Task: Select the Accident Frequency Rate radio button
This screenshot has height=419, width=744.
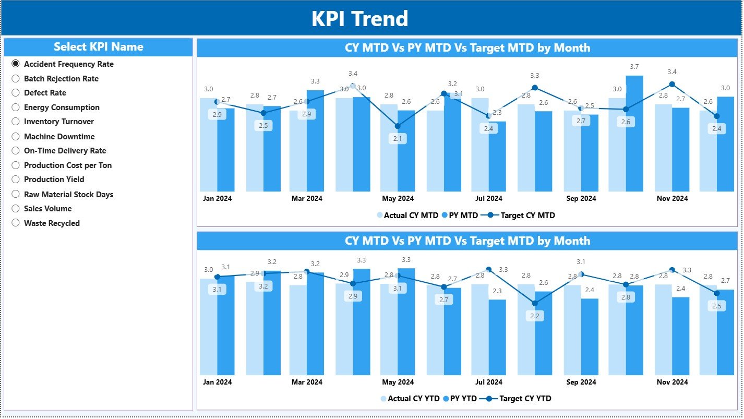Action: [x=16, y=64]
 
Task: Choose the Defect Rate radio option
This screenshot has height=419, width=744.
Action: [x=16, y=93]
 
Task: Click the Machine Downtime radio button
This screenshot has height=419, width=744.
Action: [x=16, y=137]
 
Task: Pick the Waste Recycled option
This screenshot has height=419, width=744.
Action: [x=16, y=223]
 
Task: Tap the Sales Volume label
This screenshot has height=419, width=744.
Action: [x=48, y=209]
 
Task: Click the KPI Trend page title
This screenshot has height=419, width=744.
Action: [x=359, y=19]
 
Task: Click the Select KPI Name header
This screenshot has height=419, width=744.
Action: [x=98, y=47]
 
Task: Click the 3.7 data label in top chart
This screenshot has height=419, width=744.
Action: [x=634, y=67]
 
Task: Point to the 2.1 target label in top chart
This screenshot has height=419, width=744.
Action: [x=398, y=139]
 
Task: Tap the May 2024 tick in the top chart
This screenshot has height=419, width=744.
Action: [x=398, y=198]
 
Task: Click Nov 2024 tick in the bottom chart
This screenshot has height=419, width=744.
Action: [x=672, y=382]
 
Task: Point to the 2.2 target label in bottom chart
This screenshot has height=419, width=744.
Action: [x=535, y=316]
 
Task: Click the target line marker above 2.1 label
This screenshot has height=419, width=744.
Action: [x=398, y=126]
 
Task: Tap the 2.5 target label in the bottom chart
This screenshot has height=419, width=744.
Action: [x=716, y=306]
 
